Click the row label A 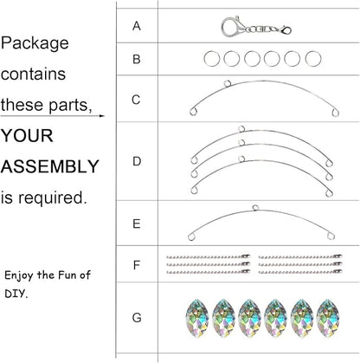coord(137,26)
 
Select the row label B coord(137,59)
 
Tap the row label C coord(136,100)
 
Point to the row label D coord(137,161)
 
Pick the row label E coord(137,224)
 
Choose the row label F coord(137,265)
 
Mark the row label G coord(137,318)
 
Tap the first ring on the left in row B coord(211,59)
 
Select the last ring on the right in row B coord(313,59)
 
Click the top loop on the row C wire coord(228,84)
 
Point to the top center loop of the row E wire coord(255,208)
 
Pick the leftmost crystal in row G coord(197,318)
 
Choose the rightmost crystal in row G coord(328,318)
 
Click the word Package coord(35,43)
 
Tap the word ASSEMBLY coord(50,166)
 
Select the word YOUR coord(27,135)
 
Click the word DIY coord(16,294)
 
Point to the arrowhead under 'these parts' coord(101,116)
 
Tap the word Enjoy coord(19,275)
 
